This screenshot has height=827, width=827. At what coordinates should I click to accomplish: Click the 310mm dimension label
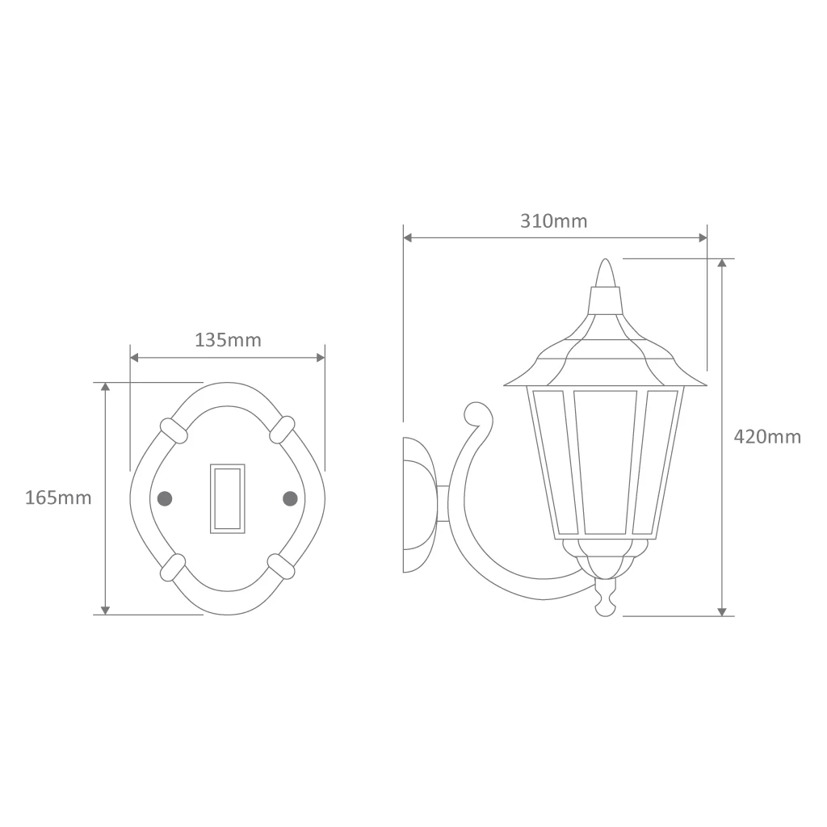point(554,221)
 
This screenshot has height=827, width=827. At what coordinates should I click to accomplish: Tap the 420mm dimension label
point(767,437)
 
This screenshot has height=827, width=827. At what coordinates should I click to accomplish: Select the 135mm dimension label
point(228,340)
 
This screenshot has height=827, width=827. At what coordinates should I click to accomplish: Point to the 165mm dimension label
point(58,497)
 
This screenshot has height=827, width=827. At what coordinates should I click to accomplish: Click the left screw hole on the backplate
point(165,498)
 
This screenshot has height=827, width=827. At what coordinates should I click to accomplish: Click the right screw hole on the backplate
point(290,498)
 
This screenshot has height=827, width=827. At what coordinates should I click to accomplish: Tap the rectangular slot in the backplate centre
point(227,498)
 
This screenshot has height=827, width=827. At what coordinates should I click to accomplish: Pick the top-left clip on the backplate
point(174,431)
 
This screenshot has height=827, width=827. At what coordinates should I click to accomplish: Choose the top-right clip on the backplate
point(282,430)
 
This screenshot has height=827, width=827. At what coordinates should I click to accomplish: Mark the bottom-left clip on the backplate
point(173,568)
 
